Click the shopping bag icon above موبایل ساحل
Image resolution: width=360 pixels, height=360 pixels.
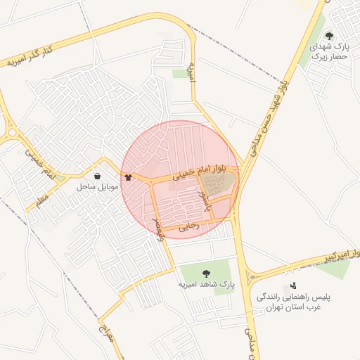tap(97, 176)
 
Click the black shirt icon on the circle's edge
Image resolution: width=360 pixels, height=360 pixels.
tap(127, 177)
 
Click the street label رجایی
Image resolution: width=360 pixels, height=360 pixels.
tap(190, 226)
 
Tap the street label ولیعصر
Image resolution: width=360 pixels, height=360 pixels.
tap(158, 229)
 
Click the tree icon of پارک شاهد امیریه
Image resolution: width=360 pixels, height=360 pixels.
tap(206, 274)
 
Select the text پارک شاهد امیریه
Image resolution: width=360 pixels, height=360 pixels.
tap(205, 284)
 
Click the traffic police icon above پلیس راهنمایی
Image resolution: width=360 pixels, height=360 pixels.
tap(293, 287)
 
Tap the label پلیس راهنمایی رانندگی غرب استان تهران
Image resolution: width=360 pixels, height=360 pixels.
tap(289, 302)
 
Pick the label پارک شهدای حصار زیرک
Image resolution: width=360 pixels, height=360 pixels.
tap(330, 51)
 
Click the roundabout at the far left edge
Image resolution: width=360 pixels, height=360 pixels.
tap(11, 131)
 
